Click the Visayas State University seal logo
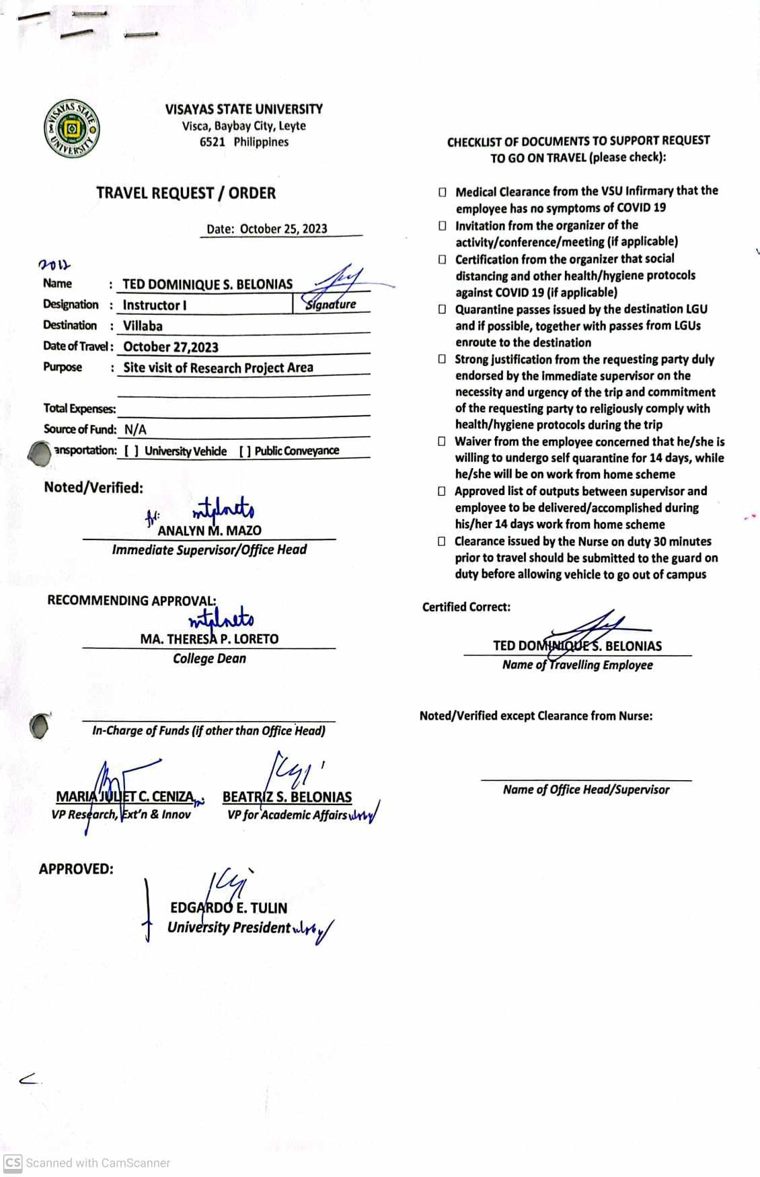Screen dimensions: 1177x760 [x=72, y=128]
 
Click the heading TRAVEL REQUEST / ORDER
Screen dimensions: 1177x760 [x=186, y=193]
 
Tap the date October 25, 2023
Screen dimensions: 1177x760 [x=283, y=229]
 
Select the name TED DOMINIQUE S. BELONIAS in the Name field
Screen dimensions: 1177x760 [x=207, y=284]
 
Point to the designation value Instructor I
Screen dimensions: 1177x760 [x=155, y=305]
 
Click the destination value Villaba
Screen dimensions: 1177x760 [x=143, y=326]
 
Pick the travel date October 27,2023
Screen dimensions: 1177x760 [x=171, y=347]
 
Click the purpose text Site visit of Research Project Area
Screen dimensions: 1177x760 [x=218, y=368]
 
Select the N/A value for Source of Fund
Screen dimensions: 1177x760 [x=135, y=430]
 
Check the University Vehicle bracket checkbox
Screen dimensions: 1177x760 [x=132, y=451]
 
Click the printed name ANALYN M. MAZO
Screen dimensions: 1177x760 [x=209, y=531]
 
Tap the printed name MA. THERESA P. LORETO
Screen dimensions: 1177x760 [x=209, y=639]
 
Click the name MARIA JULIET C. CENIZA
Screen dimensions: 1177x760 [x=125, y=797]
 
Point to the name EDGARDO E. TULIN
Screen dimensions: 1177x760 [x=229, y=908]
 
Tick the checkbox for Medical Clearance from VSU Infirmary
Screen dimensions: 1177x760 [x=442, y=192]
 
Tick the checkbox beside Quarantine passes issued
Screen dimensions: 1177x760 [x=442, y=309]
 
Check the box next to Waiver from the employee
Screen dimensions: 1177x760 [x=441, y=442]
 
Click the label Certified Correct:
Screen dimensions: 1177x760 [x=466, y=607]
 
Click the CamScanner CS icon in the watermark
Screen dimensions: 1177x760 [x=13, y=1163]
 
